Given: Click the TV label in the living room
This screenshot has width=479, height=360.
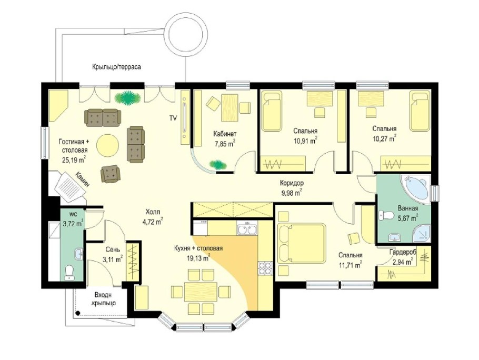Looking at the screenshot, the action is point(173,118).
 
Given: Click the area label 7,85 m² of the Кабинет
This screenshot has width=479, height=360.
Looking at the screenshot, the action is point(225,144).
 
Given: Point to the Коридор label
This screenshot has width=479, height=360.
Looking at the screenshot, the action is point(292,183).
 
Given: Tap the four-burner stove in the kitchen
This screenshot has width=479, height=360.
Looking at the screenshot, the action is point(265,268).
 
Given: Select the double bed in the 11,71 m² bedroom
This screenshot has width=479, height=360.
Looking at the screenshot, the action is point(301,243).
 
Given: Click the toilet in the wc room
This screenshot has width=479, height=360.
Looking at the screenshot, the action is point(69,272).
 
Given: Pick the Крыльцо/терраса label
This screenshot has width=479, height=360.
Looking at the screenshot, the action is point(117,67).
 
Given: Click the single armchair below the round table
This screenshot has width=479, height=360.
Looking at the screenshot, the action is point(111,174).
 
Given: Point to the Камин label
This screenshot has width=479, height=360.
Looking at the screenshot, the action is point(83,179).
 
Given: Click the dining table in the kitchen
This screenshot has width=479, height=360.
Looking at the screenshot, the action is point(201,291).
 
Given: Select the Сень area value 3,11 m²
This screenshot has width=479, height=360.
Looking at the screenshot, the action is point(113,260).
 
